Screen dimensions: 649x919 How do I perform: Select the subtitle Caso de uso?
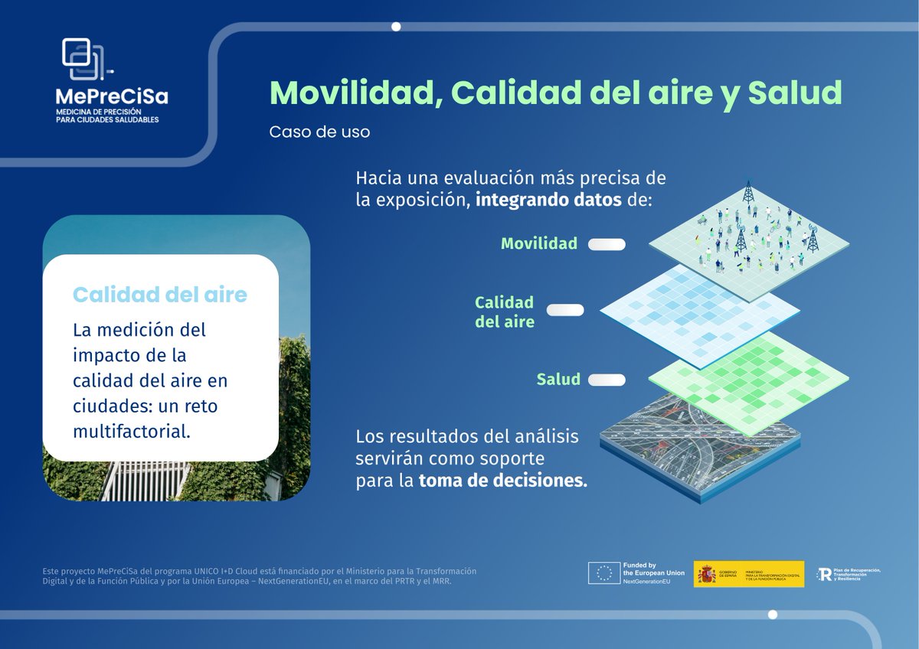319,132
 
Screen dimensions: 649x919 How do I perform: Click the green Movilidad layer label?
538,244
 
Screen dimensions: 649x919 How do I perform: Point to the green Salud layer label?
558,380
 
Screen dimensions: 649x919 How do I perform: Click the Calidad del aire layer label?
504,311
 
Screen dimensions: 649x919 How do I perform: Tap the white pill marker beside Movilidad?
607,245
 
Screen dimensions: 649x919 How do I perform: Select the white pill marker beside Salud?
607,380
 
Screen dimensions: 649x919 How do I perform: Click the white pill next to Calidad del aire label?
564,310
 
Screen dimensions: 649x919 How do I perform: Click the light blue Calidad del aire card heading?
159,295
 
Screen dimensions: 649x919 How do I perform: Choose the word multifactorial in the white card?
130,431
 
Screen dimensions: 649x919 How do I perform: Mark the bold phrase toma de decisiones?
502,482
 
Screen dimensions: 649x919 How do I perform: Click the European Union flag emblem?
603,574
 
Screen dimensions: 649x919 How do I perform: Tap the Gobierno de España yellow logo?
748,574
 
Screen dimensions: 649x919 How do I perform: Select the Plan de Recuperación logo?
849,574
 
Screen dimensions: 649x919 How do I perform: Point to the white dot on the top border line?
396,27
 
